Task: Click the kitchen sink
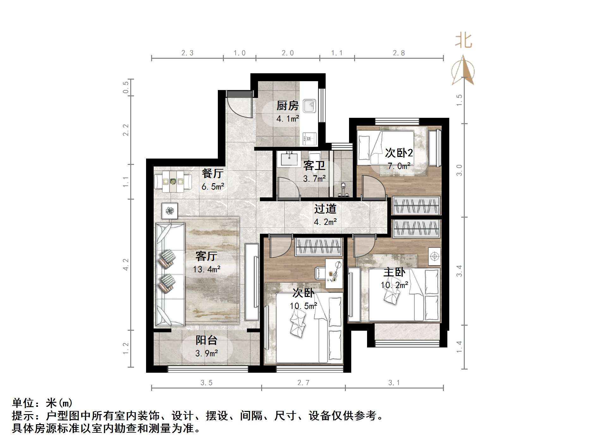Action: [310, 106]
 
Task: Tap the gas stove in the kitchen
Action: [310, 138]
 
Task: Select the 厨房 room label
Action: [287, 106]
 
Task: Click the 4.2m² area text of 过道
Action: [325, 222]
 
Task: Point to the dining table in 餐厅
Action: [173, 182]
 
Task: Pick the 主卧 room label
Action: [394, 272]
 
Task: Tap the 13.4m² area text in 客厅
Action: [206, 269]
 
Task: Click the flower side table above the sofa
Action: [169, 211]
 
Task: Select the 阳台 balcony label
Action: [206, 340]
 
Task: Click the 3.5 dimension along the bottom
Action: [206, 383]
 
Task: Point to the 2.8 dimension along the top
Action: [399, 53]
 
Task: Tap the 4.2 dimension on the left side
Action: [126, 265]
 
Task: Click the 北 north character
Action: [463, 41]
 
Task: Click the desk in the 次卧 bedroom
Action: [334, 274]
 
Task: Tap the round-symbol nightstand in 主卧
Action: [435, 256]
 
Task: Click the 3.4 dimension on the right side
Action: [459, 271]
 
